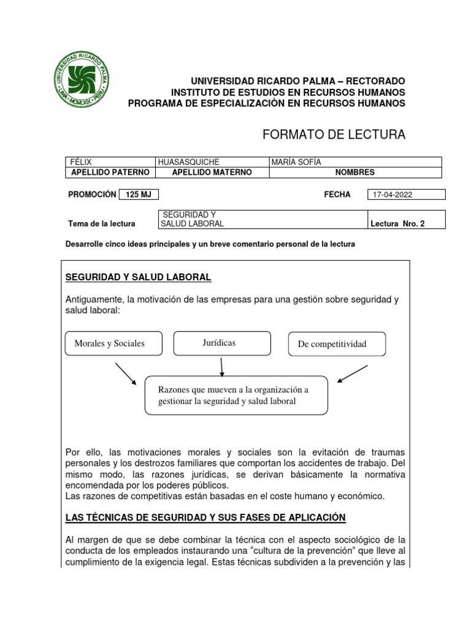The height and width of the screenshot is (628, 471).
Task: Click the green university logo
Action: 82,80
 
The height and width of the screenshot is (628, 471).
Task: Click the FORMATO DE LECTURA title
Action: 334,135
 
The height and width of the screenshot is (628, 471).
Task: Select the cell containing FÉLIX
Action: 110,162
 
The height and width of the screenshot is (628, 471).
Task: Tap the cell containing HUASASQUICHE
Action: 212,162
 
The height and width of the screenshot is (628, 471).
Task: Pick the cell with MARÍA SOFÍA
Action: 355,162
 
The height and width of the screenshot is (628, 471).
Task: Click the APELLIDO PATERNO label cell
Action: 110,172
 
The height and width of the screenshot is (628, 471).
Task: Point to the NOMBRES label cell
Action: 355,172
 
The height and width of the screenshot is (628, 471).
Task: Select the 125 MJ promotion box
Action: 138,194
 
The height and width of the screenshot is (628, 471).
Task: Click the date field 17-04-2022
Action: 405,194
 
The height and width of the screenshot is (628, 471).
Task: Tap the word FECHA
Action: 337,194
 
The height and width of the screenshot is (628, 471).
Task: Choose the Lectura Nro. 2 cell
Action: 405,223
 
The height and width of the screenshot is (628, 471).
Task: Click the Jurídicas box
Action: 222,343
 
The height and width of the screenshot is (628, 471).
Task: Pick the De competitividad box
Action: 337,344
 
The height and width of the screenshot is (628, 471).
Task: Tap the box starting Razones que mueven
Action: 236,396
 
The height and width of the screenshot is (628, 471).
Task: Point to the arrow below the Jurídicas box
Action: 221,366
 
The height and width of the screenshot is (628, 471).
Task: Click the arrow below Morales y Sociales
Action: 126,373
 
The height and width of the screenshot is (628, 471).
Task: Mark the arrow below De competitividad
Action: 353,373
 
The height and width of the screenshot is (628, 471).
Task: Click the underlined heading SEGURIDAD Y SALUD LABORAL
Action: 138,278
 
